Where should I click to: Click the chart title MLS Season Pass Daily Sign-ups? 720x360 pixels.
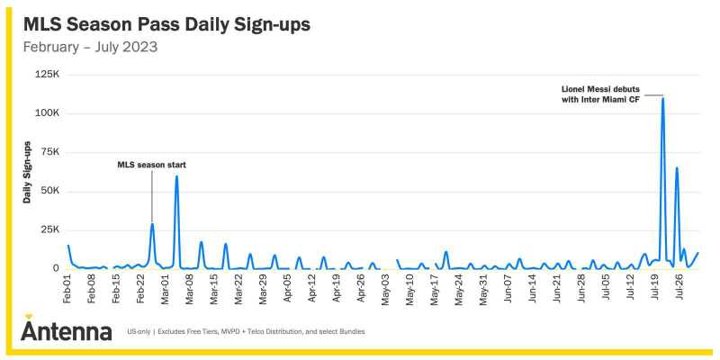pyautogui.click(x=166, y=25)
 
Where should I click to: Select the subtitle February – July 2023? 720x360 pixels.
pyautogui.click(x=91, y=47)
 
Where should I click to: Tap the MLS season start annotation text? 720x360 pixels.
pyautogui.click(x=152, y=165)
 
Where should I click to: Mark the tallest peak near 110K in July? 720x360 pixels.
pyautogui.click(x=662, y=98)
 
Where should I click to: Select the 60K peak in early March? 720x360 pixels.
pyautogui.click(x=176, y=176)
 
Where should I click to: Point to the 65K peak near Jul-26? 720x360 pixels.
pyautogui.click(x=677, y=168)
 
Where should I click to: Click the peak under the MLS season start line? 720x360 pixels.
pyautogui.click(x=152, y=224)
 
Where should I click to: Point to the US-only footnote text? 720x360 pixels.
pyautogui.click(x=246, y=331)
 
